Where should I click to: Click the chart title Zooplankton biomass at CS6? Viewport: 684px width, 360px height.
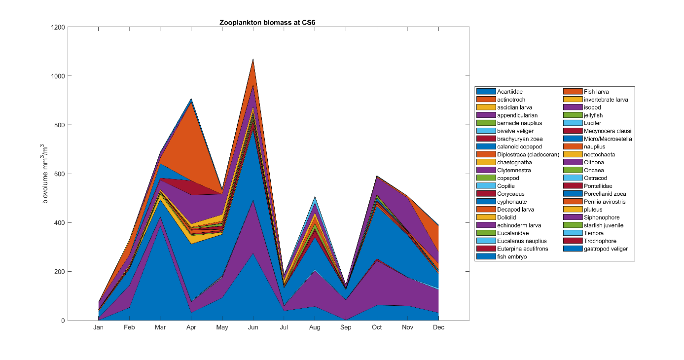pyautogui.click(x=268, y=23)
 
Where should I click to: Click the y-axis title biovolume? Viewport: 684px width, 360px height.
pyautogui.click(x=45, y=174)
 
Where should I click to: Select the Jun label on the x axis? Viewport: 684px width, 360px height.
pyautogui.click(x=253, y=327)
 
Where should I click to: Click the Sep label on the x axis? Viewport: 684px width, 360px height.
pyautogui.click(x=346, y=327)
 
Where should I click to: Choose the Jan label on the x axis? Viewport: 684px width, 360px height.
pyautogui.click(x=99, y=327)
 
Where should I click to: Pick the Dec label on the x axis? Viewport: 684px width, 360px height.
pyautogui.click(x=438, y=327)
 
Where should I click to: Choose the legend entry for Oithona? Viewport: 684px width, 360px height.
pyautogui.click(x=594, y=162)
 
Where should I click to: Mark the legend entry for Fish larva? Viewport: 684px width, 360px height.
pyautogui.click(x=596, y=92)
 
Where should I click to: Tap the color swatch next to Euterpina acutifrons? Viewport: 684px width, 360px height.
pyautogui.click(x=486, y=249)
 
